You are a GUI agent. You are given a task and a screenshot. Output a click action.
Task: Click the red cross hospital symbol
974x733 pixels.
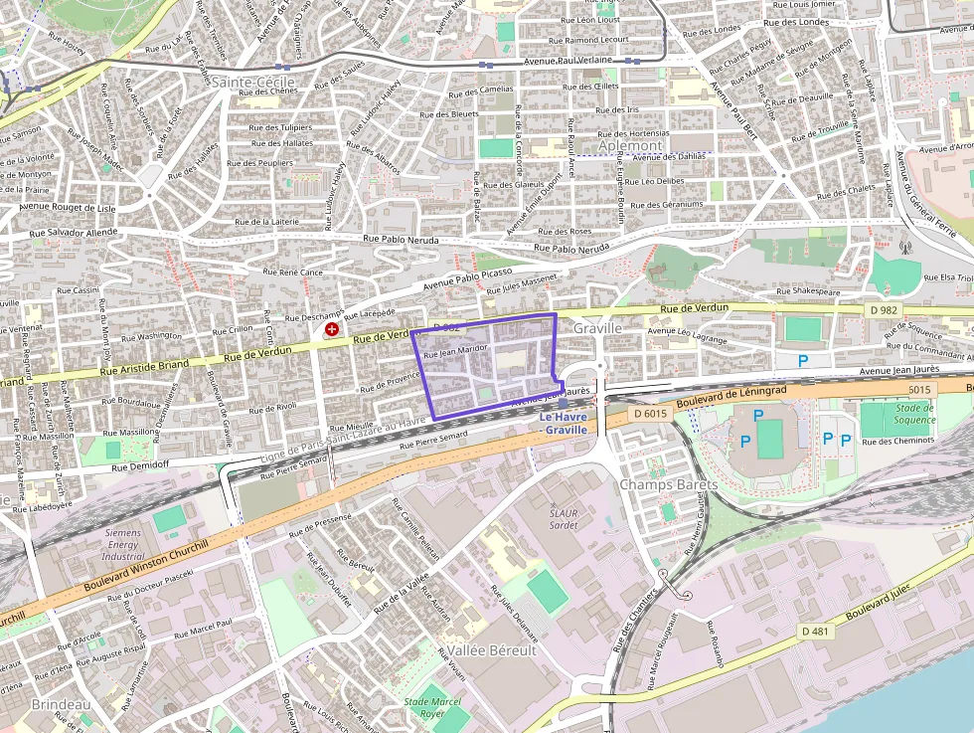coord(331,328)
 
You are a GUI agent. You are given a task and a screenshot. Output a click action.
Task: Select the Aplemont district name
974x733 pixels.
coord(630,145)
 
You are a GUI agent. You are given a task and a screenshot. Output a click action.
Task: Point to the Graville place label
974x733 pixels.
coord(597,327)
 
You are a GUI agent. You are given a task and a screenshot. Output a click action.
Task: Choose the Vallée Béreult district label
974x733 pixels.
coord(491,649)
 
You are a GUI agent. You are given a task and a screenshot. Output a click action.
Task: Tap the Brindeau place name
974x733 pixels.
coord(61,704)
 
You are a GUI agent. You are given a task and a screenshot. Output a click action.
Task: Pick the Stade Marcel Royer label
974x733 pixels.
coord(432,707)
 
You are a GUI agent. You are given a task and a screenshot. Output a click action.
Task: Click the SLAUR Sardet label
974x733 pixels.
coord(564,518)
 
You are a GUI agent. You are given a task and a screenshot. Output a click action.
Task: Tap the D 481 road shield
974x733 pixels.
coord(816,632)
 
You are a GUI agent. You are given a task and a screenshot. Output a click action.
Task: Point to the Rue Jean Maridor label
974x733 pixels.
coord(455,350)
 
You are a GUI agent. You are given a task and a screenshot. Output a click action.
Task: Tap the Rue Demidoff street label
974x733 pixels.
coord(140,464)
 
